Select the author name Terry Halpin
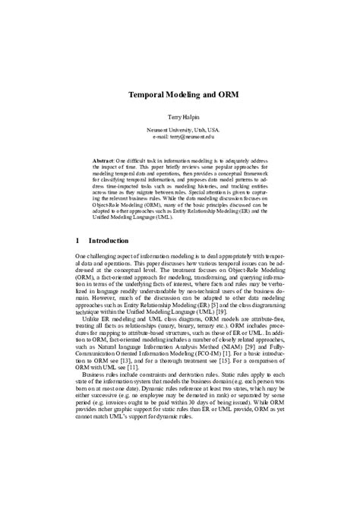click(x=180, y=119)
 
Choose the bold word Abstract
click(x=103, y=162)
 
